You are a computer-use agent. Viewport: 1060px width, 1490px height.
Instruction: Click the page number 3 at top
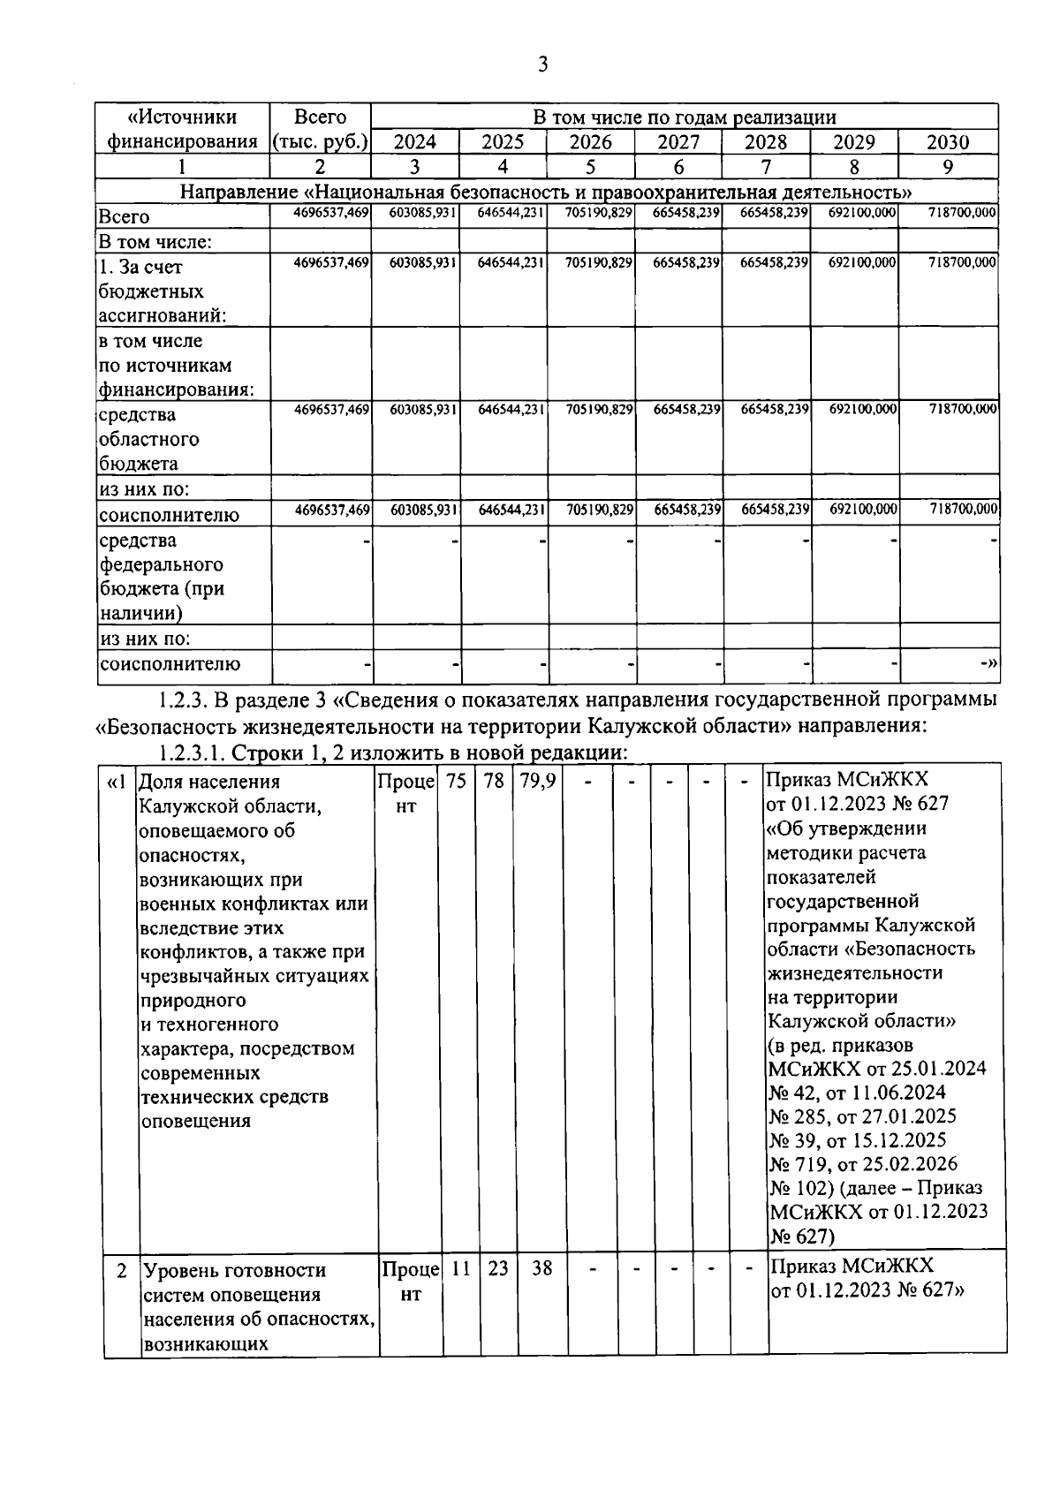tap(542, 64)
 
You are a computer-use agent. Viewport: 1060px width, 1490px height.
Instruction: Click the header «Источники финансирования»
tap(183, 129)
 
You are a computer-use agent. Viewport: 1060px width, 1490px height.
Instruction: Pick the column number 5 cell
tap(590, 167)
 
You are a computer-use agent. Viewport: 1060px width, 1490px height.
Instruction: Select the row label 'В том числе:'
tap(155, 241)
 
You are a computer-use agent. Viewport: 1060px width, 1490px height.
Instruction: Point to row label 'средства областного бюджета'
tap(148, 439)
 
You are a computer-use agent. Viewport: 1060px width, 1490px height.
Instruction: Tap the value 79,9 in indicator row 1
tap(537, 782)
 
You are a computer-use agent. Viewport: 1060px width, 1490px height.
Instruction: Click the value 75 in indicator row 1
tap(456, 782)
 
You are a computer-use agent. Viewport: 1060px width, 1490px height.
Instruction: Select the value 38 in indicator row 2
tap(541, 1268)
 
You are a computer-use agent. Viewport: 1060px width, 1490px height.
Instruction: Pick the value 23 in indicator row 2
tap(497, 1268)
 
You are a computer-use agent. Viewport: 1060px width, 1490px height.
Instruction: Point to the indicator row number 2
tap(122, 1270)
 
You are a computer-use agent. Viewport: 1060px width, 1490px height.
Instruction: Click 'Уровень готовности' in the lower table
tap(234, 1270)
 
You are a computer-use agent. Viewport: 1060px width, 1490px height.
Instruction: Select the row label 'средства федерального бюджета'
tap(161, 576)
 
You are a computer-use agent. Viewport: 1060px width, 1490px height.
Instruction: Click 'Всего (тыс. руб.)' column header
tap(320, 129)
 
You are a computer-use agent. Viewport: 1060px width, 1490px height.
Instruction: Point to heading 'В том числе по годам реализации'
tap(684, 117)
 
